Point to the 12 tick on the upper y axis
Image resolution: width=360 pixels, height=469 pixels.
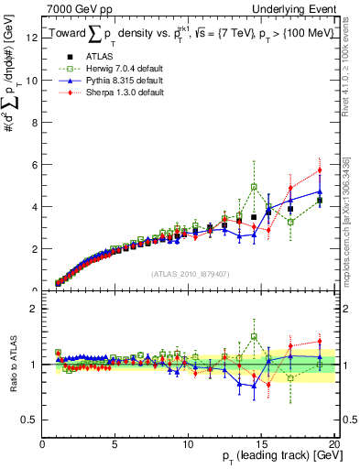coord(34,38)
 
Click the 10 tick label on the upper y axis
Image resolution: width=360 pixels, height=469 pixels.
coord(32,80)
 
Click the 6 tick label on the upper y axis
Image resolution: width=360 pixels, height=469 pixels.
coord(34,165)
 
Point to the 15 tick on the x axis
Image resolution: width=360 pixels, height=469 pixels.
coord(261,443)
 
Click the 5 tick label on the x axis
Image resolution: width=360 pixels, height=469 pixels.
coord(115,443)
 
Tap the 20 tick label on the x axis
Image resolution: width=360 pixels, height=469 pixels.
coord(334,443)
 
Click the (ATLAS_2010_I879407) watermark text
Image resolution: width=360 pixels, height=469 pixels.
coord(189,272)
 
